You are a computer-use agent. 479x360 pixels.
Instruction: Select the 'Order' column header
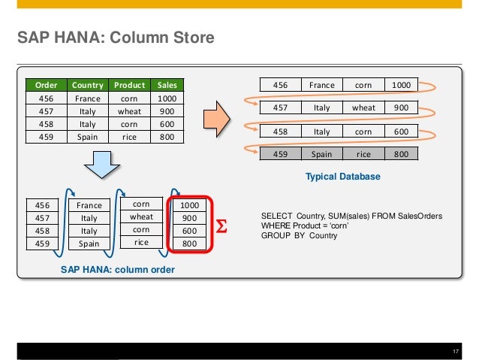tap(43, 85)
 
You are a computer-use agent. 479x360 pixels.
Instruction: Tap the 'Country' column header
tap(89, 85)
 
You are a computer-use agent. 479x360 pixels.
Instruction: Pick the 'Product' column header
tap(129, 85)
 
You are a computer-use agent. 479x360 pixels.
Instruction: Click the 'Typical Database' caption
tap(342, 177)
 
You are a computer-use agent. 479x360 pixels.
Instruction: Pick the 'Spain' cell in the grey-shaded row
tap(322, 155)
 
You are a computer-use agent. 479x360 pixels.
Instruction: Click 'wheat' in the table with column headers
tap(129, 111)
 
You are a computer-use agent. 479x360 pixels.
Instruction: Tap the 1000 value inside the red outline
tap(190, 204)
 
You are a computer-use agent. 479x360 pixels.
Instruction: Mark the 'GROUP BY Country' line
tap(299, 235)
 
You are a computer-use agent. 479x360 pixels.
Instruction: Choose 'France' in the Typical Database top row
tap(322, 85)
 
